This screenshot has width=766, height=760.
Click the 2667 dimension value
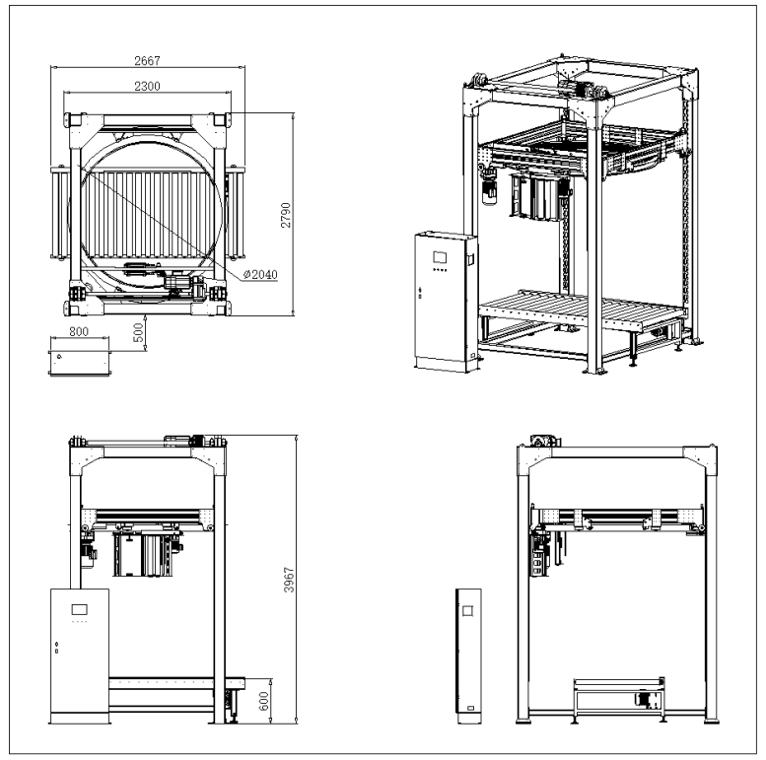tap(150, 61)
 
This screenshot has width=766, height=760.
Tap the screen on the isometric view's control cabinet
tap(440, 255)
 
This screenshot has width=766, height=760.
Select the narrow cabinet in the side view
tap(466, 652)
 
